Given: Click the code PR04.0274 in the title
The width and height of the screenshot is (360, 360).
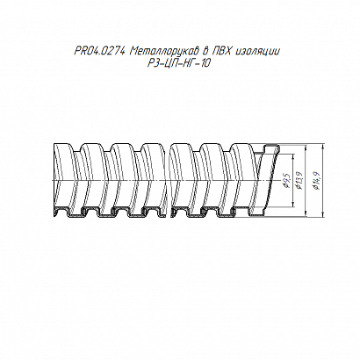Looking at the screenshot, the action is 100,52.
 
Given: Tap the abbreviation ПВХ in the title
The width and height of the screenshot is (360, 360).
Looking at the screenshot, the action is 222,52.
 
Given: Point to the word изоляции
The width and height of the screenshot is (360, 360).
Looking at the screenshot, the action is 258,52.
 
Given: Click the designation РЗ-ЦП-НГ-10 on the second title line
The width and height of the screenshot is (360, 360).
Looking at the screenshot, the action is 179,63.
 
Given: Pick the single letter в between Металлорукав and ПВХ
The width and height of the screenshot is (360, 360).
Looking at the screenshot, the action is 206,52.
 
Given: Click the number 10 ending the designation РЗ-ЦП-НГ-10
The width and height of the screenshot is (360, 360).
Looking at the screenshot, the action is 205,63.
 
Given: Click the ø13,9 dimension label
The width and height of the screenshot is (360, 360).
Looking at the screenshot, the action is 300,180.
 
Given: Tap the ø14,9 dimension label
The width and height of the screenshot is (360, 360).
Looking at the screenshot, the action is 317,180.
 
